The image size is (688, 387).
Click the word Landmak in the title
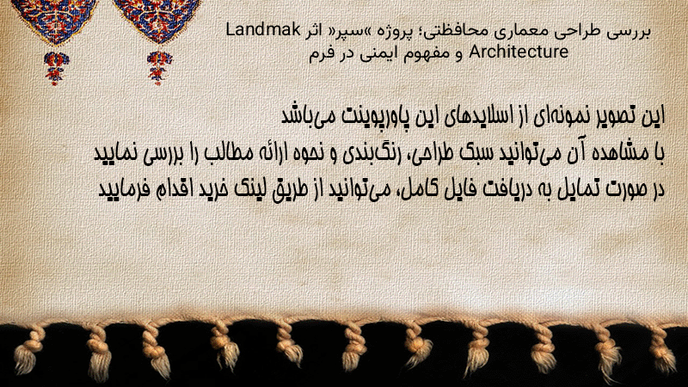pos(263,30)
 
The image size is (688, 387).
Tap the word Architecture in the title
pos(519,52)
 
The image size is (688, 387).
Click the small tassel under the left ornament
pos(56,67)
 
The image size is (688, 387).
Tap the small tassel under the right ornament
pos(159,67)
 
